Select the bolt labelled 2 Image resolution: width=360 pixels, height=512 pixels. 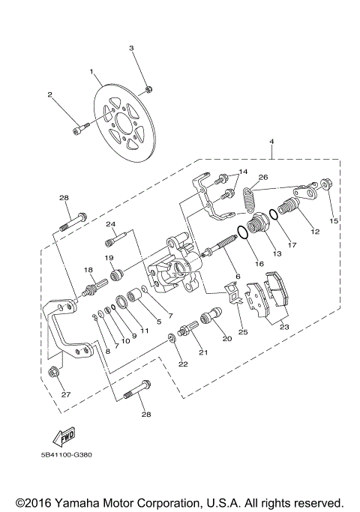click(x=77, y=132)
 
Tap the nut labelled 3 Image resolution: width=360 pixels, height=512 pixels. click(x=147, y=88)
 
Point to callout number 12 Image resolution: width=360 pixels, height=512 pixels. click(x=314, y=232)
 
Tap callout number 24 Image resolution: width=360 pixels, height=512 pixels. click(x=110, y=224)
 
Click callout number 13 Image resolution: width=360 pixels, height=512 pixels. click(x=277, y=254)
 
